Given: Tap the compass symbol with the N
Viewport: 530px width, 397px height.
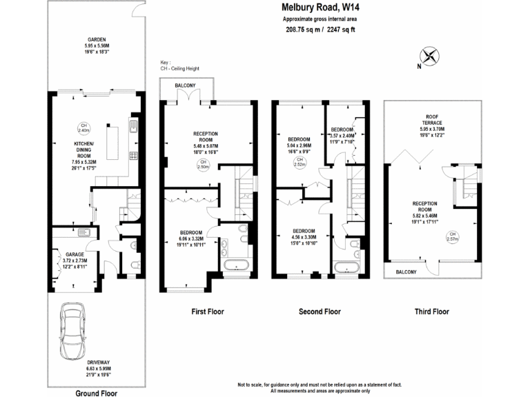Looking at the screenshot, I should click(429, 57).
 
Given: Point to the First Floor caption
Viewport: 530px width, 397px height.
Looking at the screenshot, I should click(207, 312).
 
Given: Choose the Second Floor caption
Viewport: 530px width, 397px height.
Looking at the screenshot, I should click(320, 312).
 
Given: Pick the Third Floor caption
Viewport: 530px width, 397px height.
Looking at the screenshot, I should click(432, 312).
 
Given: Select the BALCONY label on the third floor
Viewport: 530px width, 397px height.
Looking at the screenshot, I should click(406, 272).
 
